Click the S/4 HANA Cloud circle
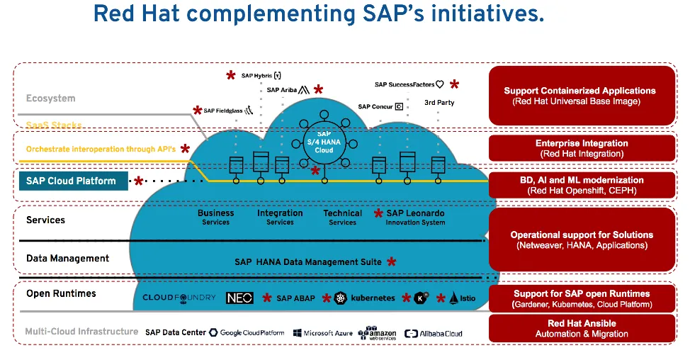324,140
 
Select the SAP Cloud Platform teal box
72,181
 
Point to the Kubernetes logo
364,298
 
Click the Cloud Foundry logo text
179,298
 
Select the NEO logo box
239,298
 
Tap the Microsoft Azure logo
322,333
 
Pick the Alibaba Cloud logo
433,333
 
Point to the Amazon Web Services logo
376,333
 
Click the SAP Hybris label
261,76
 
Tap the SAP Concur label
380,107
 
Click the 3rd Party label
439,103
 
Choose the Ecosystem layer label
50,99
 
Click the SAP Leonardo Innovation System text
415,217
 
